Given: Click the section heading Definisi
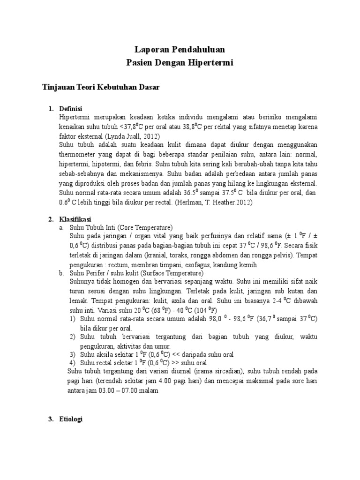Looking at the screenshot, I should [71, 109].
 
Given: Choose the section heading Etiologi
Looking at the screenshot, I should [71, 420].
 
